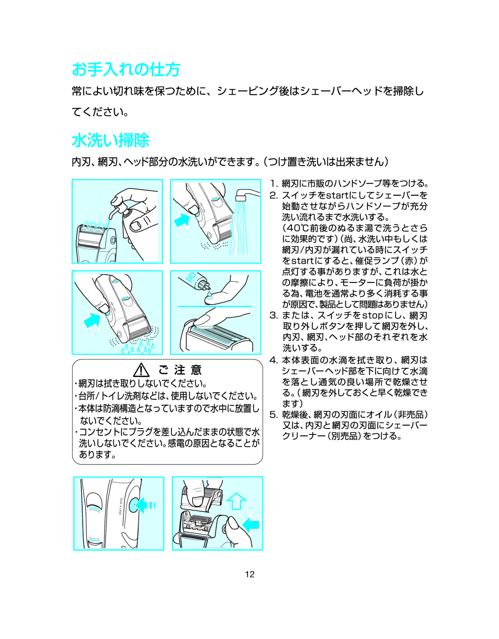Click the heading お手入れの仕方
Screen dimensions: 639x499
pyautogui.click(x=126, y=69)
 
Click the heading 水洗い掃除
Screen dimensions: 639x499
pyautogui.click(x=110, y=140)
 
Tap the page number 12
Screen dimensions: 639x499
pyautogui.click(x=249, y=574)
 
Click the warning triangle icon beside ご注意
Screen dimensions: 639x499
pyautogui.click(x=141, y=370)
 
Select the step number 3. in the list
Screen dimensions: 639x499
pyautogui.click(x=274, y=315)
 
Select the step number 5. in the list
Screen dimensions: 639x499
pyautogui.click(x=274, y=415)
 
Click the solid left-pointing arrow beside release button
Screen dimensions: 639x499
pyautogui.click(x=251, y=524)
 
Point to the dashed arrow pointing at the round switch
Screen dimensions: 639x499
pyautogui.click(x=147, y=505)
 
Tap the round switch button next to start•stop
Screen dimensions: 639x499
pyautogui.click(x=134, y=506)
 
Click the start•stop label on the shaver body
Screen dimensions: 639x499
pyautogui.click(x=120, y=506)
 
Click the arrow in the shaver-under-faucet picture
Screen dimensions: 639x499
pyautogui.click(x=182, y=220)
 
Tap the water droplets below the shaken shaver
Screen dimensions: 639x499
pyautogui.click(x=137, y=348)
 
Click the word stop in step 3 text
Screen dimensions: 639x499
pyautogui.click(x=372, y=315)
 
